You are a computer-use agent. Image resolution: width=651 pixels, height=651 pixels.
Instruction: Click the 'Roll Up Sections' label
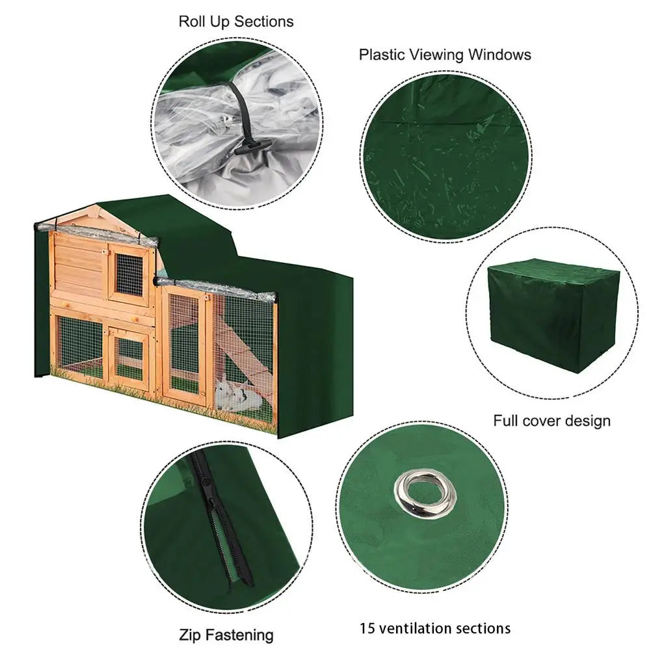click(x=236, y=21)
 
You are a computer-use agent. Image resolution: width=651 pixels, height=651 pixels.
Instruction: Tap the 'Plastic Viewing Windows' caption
click(x=445, y=55)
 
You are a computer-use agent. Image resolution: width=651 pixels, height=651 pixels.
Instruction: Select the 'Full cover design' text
click(x=551, y=421)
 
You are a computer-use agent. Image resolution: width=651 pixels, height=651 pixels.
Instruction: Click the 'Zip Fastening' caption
click(x=226, y=635)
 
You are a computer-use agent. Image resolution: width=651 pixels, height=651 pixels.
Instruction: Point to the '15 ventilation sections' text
click(x=435, y=628)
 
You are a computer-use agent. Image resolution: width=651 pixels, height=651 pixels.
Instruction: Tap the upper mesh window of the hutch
click(x=129, y=274)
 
